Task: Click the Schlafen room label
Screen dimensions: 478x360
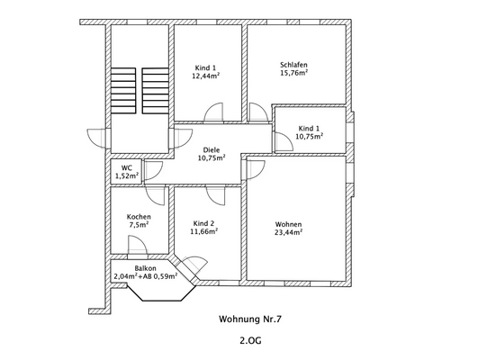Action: pos(293,65)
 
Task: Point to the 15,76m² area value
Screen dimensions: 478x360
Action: pos(293,73)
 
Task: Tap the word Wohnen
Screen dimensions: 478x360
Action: pos(288,224)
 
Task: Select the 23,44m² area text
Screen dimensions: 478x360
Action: pos(288,232)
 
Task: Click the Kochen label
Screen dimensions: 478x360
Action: pos(139,217)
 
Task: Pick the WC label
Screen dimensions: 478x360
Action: pos(127,168)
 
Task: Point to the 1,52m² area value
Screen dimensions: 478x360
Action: pos(127,175)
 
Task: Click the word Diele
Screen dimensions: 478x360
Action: pos(212,150)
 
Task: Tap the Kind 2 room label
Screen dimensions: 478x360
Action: pos(203,223)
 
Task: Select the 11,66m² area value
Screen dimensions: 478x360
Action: pos(203,231)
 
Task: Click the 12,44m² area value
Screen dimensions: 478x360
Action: pos(206,76)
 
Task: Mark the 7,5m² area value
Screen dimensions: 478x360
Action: pos(139,225)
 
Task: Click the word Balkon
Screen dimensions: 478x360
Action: pos(146,268)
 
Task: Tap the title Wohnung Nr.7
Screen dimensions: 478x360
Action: pos(250,319)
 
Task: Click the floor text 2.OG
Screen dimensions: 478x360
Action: pos(250,340)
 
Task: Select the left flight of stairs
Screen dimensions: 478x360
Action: pos(123,91)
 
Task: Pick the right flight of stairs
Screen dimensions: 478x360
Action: pos(155,91)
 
